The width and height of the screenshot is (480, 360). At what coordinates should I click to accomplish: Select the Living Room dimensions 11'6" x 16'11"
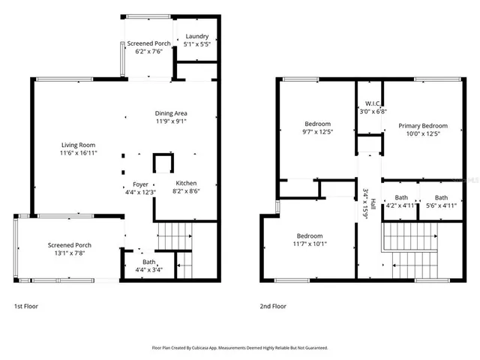click(x=78, y=153)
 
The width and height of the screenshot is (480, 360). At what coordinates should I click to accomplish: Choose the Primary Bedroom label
click(x=423, y=130)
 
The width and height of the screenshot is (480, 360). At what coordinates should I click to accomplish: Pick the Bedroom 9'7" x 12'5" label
click(x=318, y=127)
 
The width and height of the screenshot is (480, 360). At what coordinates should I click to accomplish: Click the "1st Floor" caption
click(x=26, y=306)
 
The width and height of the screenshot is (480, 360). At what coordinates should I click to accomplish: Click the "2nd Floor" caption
click(x=272, y=306)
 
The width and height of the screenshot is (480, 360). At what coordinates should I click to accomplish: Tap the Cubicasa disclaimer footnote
click(x=240, y=348)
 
